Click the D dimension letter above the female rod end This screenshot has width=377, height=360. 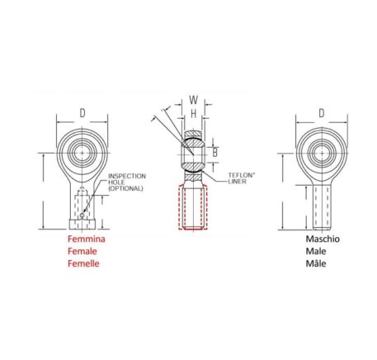pyautogui.click(x=82, y=113)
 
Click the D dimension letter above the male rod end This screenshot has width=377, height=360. pyautogui.click(x=321, y=113)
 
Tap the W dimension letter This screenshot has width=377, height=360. pyautogui.click(x=194, y=100)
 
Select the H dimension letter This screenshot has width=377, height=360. pyautogui.click(x=194, y=113)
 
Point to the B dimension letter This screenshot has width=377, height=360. pyautogui.click(x=215, y=153)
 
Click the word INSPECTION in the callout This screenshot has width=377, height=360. pyautogui.click(x=127, y=176)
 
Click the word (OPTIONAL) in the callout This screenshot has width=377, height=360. pyautogui.click(x=125, y=188)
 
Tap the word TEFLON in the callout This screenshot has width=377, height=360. pyautogui.click(x=240, y=175)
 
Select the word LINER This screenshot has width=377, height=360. pyautogui.click(x=237, y=182)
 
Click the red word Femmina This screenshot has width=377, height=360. pyautogui.click(x=87, y=239)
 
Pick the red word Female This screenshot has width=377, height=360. pyautogui.click(x=82, y=251)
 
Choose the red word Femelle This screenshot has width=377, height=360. pyautogui.click(x=83, y=263)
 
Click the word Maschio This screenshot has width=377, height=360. pyautogui.click(x=323, y=239)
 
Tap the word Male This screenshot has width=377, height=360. pyautogui.click(x=316, y=251)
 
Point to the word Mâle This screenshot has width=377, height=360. pyautogui.click(x=316, y=263)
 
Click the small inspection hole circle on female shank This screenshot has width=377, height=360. pyautogui.click(x=82, y=215)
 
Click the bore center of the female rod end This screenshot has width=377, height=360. pyautogui.click(x=82, y=153)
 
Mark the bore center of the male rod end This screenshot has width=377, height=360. pyautogui.click(x=322, y=154)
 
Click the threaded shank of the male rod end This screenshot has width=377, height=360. pyautogui.click(x=322, y=207)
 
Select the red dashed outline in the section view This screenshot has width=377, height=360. pyautogui.click(x=179, y=207)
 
